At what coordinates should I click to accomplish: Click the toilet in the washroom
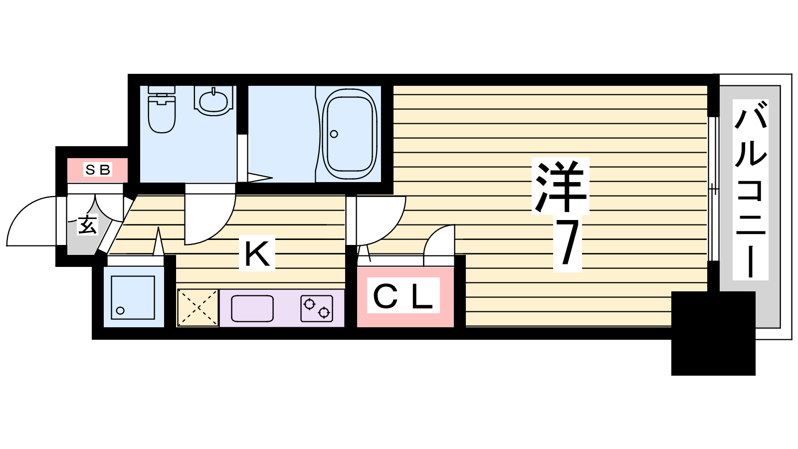click(x=162, y=109)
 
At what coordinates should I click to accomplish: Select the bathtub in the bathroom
click(x=350, y=134)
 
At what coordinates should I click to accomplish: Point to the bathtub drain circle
click(x=334, y=134)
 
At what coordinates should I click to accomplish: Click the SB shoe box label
click(x=98, y=170)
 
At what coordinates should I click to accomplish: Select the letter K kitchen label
click(x=257, y=253)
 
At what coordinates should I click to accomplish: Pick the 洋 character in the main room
click(x=561, y=186)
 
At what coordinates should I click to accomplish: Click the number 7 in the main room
click(x=567, y=243)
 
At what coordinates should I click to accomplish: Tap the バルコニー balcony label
click(x=750, y=190)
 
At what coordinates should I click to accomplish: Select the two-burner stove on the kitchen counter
click(x=317, y=309)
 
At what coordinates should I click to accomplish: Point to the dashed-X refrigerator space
click(x=198, y=307)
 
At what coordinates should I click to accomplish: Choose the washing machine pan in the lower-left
click(x=133, y=297)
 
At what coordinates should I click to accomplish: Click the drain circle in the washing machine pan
click(x=120, y=310)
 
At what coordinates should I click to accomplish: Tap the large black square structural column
click(x=713, y=333)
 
